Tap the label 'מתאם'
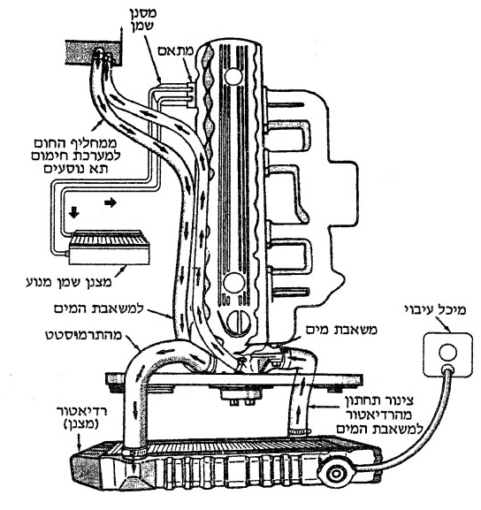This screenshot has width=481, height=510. (176, 50)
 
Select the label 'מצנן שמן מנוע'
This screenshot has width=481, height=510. (69, 282)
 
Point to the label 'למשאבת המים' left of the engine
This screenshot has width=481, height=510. (99, 308)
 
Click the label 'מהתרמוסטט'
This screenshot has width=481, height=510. (83, 335)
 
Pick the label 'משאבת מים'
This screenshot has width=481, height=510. (341, 330)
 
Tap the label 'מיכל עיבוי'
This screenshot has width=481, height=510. (435, 309)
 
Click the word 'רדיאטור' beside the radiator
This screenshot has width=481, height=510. (82, 411)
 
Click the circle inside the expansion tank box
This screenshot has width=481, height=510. (447, 353)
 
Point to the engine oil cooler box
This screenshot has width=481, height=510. (109, 247)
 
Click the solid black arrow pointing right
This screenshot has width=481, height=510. (111, 203)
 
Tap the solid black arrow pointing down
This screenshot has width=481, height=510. (74, 212)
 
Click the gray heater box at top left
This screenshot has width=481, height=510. (94, 52)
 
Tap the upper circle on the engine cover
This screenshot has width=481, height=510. (233, 76)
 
